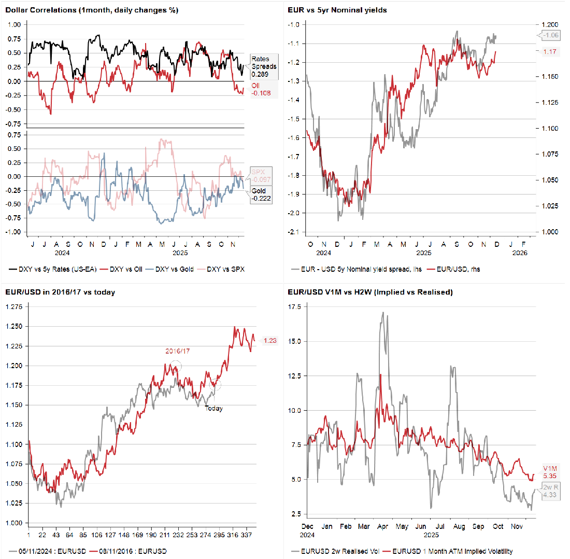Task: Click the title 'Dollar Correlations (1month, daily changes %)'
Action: pos(93,10)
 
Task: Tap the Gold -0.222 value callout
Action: pos(261,195)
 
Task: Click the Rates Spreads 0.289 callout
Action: pos(263,66)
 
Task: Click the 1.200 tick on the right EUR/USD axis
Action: pos(548,24)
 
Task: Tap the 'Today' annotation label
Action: pos(213,409)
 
